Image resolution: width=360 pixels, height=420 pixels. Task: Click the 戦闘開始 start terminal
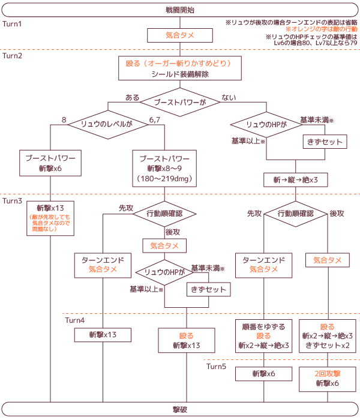coord(179,10)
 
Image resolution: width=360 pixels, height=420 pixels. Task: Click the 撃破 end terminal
coord(179,409)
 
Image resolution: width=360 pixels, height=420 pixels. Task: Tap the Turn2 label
coord(13,56)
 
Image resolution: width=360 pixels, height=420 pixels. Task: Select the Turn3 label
coord(13,201)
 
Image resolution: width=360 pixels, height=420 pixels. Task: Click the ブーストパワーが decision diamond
coord(179,103)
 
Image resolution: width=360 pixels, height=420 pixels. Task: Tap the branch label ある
coord(132,97)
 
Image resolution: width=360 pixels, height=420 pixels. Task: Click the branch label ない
coord(229,97)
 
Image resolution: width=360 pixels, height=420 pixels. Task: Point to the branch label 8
coord(64,120)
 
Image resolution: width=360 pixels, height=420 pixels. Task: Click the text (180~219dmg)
coord(164,178)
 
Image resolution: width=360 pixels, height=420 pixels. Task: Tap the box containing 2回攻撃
coord(328,379)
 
